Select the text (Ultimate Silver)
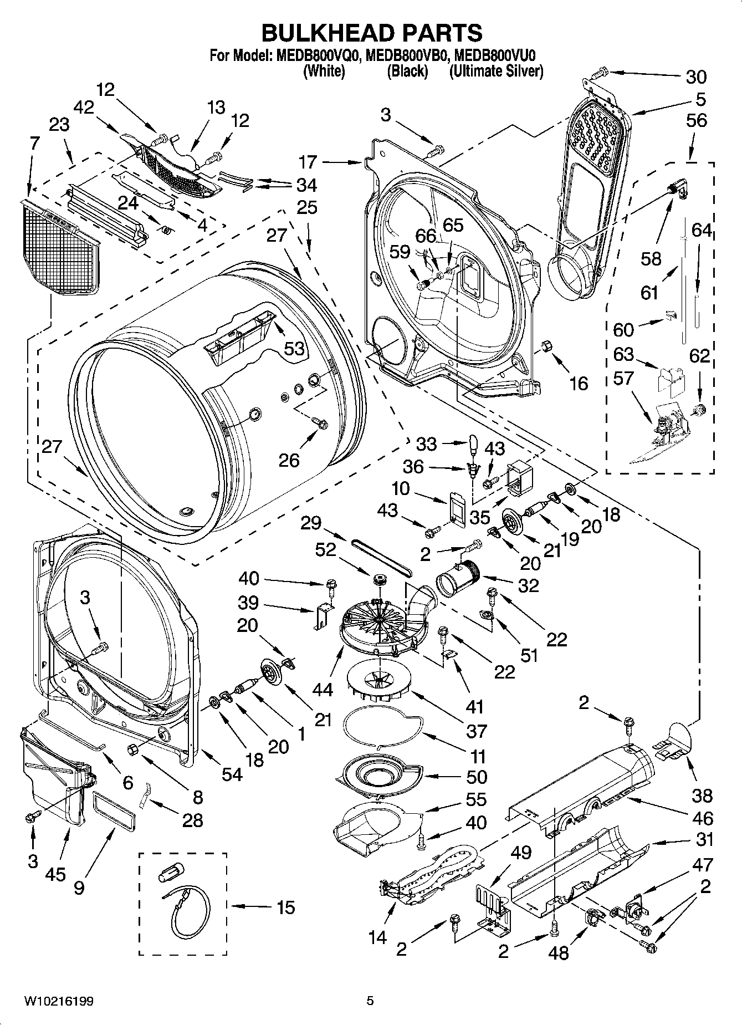pyautogui.click(x=497, y=71)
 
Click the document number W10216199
pyautogui.click(x=58, y=1001)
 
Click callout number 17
pyautogui.click(x=308, y=162)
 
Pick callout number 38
pyautogui.click(x=702, y=796)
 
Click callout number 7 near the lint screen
pyautogui.click(x=34, y=144)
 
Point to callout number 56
pyautogui.click(x=697, y=120)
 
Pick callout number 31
pyautogui.click(x=704, y=840)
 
